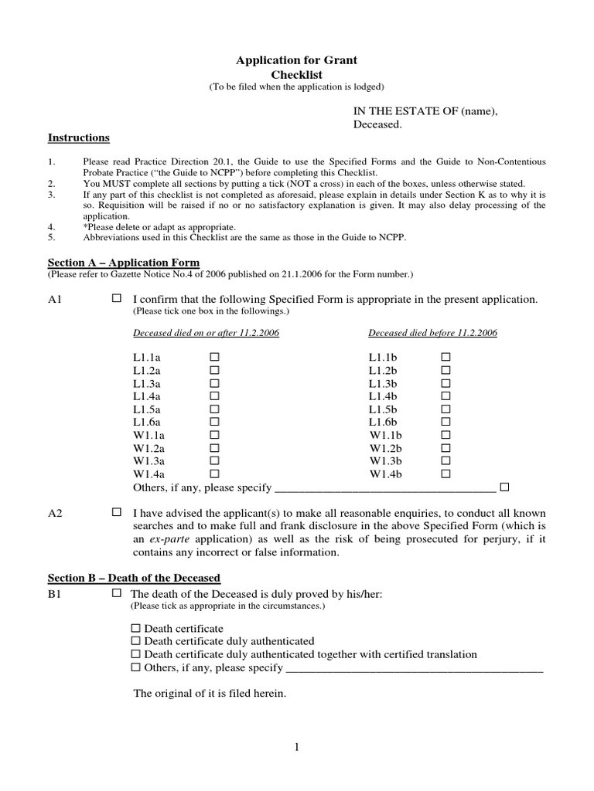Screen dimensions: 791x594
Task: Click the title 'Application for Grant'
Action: click(x=296, y=59)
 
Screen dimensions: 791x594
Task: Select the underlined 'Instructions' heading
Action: click(x=78, y=137)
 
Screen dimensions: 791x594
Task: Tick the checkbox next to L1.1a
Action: click(x=215, y=358)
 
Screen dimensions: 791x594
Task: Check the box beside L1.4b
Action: click(x=445, y=396)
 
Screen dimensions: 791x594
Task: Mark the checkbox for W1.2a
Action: click(x=215, y=448)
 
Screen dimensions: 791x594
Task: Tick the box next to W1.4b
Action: click(x=445, y=474)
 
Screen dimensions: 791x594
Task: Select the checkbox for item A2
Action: click(x=117, y=512)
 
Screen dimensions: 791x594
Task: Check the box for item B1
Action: click(x=117, y=593)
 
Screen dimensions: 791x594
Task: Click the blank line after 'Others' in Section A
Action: click(x=384, y=489)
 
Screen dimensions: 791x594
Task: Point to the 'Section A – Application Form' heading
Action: click(x=124, y=263)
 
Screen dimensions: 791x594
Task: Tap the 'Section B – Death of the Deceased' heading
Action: click(x=134, y=578)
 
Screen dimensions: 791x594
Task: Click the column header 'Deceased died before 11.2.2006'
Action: click(x=432, y=333)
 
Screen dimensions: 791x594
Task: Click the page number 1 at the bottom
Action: click(x=296, y=747)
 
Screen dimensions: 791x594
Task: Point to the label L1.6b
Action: click(x=383, y=422)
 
